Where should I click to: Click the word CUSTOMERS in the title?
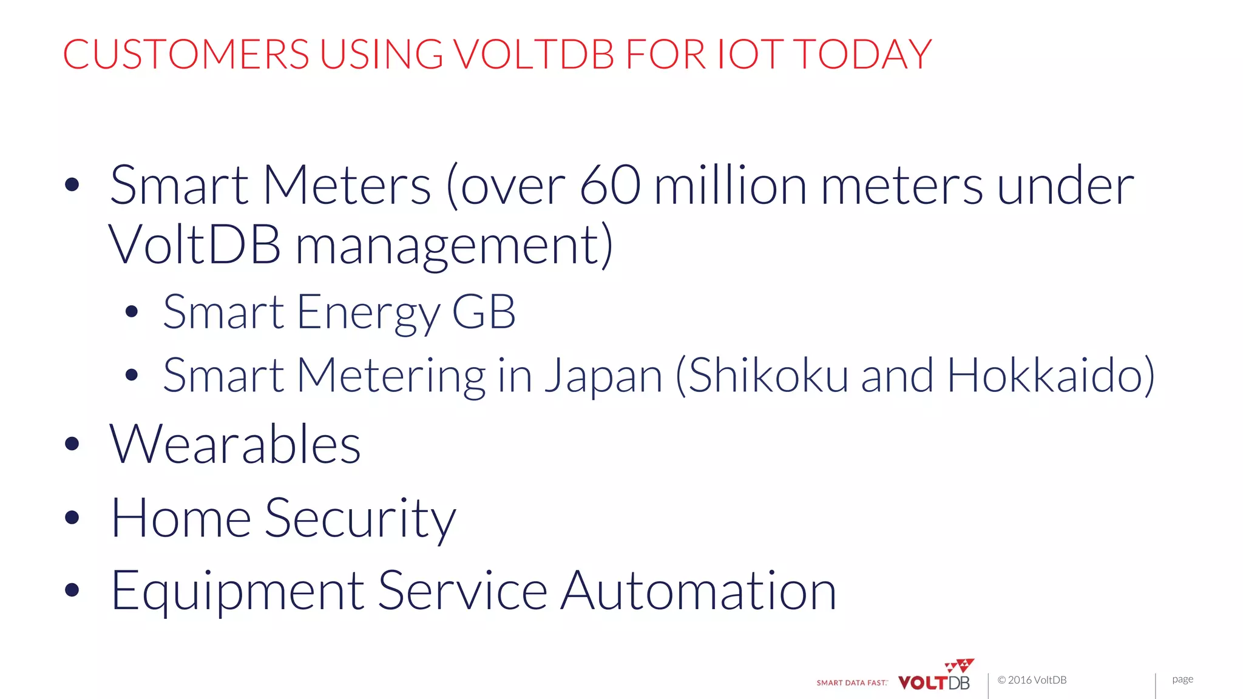coord(186,55)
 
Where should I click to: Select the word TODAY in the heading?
coord(862,55)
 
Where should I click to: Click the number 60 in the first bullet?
coord(609,186)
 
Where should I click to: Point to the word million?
coord(731,186)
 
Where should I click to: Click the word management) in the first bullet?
coord(454,245)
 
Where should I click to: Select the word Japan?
coord(603,376)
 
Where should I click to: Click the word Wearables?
coord(235,445)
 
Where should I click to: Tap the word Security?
coord(360,519)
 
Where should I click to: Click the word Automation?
coord(698,592)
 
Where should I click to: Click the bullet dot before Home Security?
coord(72,518)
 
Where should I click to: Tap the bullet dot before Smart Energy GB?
coord(132,312)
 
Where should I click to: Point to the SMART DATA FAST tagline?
coord(852,683)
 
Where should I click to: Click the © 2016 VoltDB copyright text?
coord(1032,680)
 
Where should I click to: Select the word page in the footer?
coord(1182,679)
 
